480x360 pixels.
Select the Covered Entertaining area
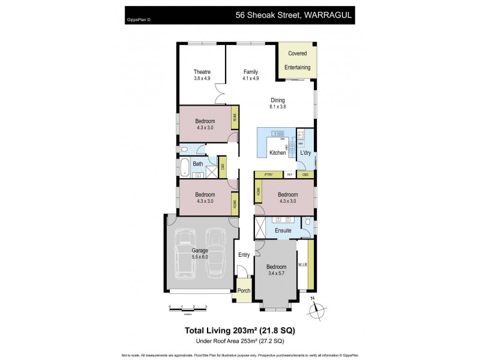[298, 60]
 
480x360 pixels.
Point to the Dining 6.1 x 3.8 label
[277, 103]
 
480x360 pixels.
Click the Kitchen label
[277, 153]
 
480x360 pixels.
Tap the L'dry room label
[305, 153]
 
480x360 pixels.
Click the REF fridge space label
[289, 175]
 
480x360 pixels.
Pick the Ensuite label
[283, 230]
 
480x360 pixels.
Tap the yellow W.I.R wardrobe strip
[311, 264]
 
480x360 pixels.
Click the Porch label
[244, 291]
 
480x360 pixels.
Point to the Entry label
[244, 255]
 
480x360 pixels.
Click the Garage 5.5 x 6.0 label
[200, 253]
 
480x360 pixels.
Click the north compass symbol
[316, 308]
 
